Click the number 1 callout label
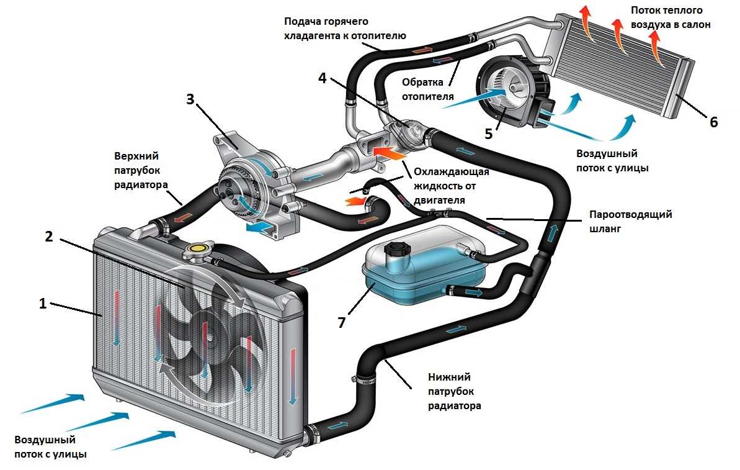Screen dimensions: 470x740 click(x=42, y=304)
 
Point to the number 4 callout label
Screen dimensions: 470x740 click(x=321, y=78)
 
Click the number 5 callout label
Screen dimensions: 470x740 click(x=489, y=133)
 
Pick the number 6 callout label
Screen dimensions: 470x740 click(x=713, y=122)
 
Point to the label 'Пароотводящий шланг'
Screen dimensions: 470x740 click(x=630, y=220)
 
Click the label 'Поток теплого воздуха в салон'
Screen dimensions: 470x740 click(x=670, y=17)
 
